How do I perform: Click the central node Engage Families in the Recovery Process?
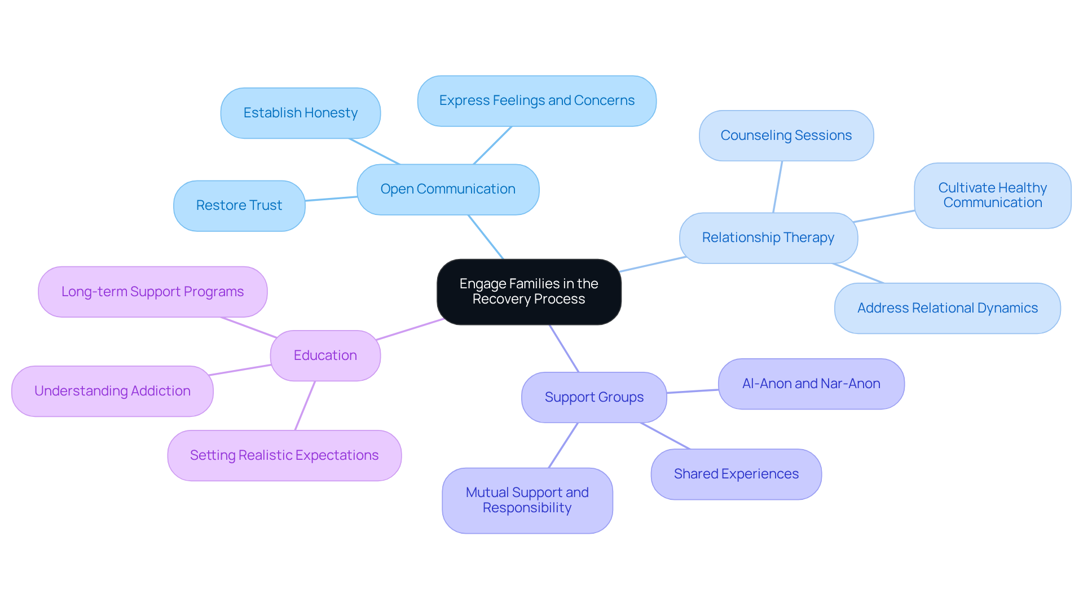point(529,292)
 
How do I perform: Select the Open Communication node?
point(448,190)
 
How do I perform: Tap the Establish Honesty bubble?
point(300,113)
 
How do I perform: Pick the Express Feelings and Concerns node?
point(536,101)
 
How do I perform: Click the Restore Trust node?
point(239,205)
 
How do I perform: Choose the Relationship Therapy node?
point(768,238)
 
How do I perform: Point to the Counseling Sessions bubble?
point(786,135)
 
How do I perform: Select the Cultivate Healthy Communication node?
point(992,195)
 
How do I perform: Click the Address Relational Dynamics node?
point(947,308)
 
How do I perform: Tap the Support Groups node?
point(594,397)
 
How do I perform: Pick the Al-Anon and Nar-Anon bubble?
point(811,384)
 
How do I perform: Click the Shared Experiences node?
point(736,474)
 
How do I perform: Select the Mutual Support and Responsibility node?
point(527,500)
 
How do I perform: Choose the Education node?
point(325,355)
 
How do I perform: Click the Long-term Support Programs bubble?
point(152,292)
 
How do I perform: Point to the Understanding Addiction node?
point(112,391)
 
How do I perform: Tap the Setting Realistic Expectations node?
point(284,455)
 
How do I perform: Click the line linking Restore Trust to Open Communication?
point(331,199)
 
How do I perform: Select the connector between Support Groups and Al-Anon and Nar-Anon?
point(693,391)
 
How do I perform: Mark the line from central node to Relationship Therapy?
point(653,264)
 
